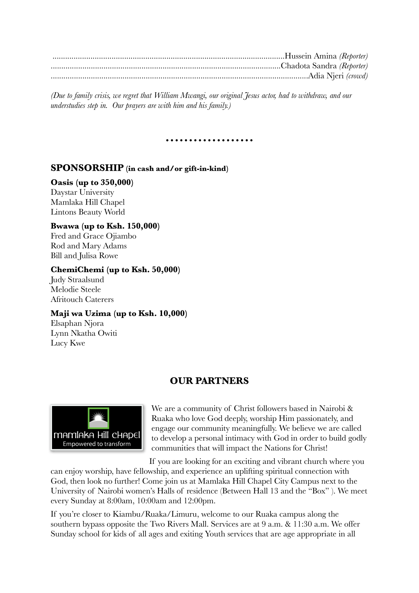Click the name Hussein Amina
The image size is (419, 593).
point(311,56)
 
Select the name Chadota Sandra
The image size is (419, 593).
point(309,66)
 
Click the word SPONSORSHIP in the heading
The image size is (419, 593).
point(87,168)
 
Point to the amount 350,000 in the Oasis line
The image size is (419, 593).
point(115,183)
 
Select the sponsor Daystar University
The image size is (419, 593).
point(82,192)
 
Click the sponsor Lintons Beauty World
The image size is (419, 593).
point(88,212)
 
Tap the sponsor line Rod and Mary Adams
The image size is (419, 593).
point(88,246)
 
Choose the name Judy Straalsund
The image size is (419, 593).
point(77,280)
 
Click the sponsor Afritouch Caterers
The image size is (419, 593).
point(82,299)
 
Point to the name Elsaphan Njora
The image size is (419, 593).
point(77,323)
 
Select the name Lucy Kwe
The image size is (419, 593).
point(68,343)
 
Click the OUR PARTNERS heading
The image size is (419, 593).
point(209,381)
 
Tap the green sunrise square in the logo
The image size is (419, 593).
point(98,418)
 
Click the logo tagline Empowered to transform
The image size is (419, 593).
point(97,444)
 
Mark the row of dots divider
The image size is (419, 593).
point(209,140)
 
